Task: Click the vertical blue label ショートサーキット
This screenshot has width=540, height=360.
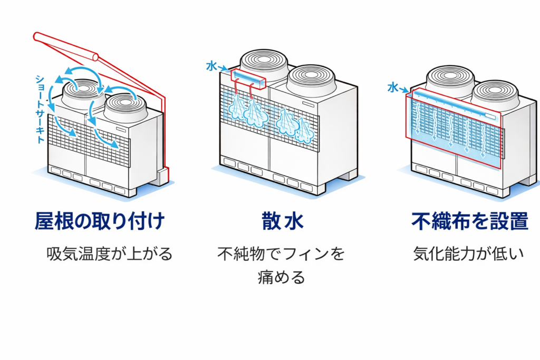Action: coord(40,109)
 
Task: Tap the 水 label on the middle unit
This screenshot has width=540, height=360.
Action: coord(211,66)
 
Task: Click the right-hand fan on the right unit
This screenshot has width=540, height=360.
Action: coord(495,94)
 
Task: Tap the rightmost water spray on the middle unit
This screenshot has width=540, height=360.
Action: coord(304,131)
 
